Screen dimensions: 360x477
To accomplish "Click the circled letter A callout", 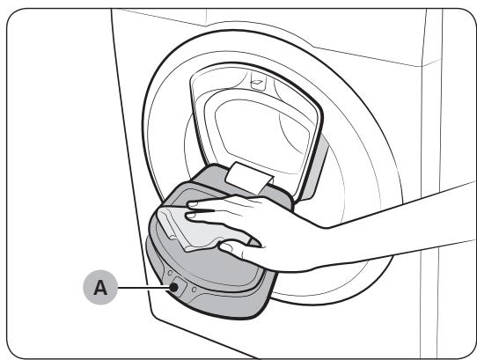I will coord(99,288).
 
